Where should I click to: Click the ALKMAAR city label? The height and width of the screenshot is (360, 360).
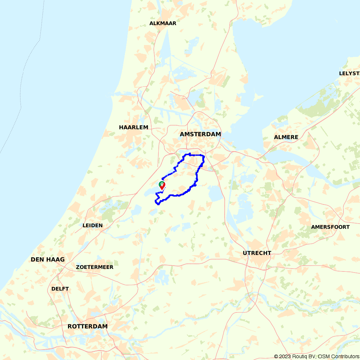coord(163,23)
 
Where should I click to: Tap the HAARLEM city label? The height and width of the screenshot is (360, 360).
coord(134,127)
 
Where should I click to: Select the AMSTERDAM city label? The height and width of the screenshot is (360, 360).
coord(200,134)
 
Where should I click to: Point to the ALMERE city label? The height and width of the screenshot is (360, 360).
coord(286,137)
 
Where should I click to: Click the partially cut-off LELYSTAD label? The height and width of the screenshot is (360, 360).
coord(349,73)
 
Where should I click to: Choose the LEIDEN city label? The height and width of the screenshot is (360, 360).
coord(93,226)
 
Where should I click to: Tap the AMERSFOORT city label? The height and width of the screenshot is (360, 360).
coord(330,227)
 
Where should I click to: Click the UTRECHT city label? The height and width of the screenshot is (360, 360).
coord(257,253)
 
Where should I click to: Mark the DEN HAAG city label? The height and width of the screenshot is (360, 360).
coord(48,260)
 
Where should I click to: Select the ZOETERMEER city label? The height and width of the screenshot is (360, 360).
coord(95,267)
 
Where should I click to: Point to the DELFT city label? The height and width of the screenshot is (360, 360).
coord(60,289)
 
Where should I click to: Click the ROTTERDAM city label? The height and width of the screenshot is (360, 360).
coord(87,327)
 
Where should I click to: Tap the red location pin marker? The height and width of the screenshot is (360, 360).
coord(162,185)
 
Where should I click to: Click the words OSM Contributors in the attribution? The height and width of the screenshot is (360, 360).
coord(338,356)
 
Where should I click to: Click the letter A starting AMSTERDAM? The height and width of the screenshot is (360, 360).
coord(182,134)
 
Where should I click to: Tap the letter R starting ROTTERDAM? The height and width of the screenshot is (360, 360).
coord(70,327)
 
